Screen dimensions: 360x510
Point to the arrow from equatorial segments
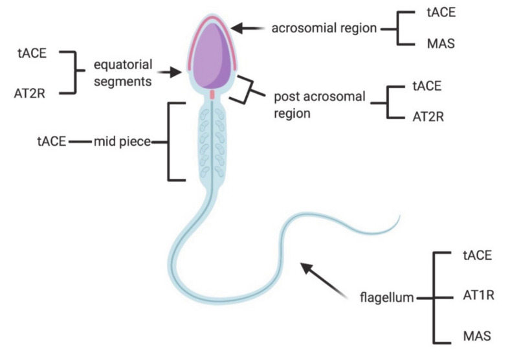point(170,73)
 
